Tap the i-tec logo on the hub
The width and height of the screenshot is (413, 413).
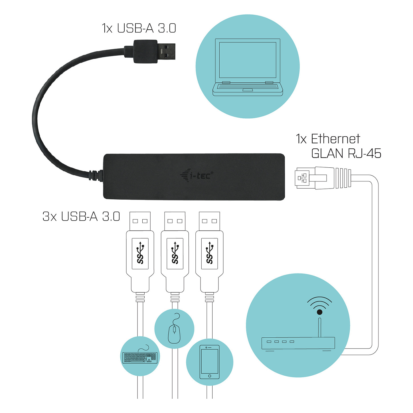[197, 175]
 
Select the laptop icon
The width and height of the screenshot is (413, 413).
[248, 67]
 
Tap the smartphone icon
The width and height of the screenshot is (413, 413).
[210, 362]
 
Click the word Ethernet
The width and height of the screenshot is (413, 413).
[335, 139]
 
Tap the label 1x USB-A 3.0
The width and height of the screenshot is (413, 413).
[139, 28]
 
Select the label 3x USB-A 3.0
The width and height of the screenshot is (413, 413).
[81, 216]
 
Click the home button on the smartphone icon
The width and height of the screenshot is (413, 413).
[210, 376]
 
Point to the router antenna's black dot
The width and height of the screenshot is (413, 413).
[319, 312]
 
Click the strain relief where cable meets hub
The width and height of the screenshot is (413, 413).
[96, 175]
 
